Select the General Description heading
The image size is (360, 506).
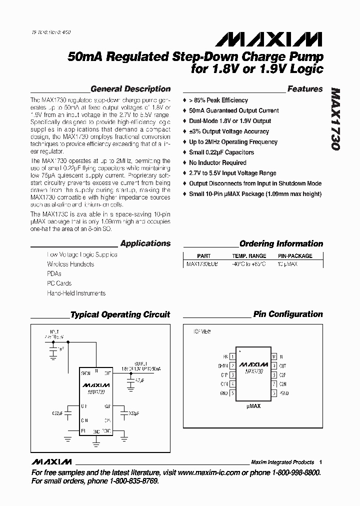coord(130,89)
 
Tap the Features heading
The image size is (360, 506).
coord(305,89)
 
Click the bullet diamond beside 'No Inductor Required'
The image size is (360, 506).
coord(185,163)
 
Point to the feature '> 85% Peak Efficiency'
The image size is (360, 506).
coord(218,100)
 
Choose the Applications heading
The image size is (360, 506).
coord(145,243)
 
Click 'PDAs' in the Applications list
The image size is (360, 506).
coord(54,273)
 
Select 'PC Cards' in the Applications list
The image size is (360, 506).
coord(58,283)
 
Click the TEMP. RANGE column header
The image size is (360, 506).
coord(249,256)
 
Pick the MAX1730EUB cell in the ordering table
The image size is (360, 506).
coord(202,263)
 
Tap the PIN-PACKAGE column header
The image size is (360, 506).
coord(294,256)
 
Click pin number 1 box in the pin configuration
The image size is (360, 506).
coord(232,357)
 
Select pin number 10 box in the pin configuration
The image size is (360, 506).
coord(273,357)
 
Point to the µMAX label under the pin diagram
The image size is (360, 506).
coord(253,406)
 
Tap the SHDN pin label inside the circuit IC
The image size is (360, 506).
coord(85,373)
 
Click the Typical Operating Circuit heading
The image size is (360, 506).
coord(120,315)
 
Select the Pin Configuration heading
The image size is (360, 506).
coord(288,314)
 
